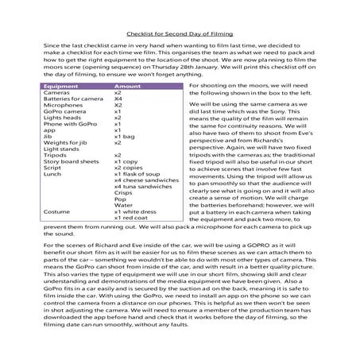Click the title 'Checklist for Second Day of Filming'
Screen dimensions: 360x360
[x=180, y=33]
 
